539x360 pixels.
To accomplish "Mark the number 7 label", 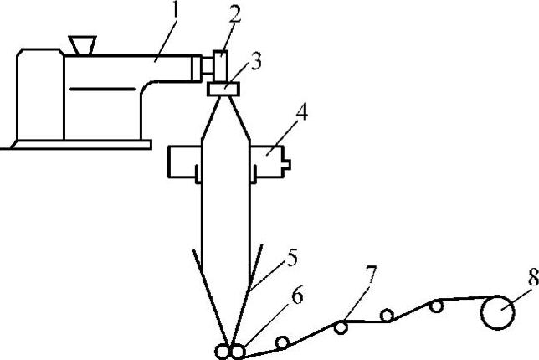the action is click(x=372, y=274).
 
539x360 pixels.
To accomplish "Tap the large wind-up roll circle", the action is click(x=497, y=316).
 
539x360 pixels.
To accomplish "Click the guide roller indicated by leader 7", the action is click(x=341, y=327).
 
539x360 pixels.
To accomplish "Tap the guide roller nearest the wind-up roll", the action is click(x=436, y=306).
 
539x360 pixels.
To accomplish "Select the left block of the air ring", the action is click(x=182, y=161).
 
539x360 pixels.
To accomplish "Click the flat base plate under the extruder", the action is click(x=75, y=144).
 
